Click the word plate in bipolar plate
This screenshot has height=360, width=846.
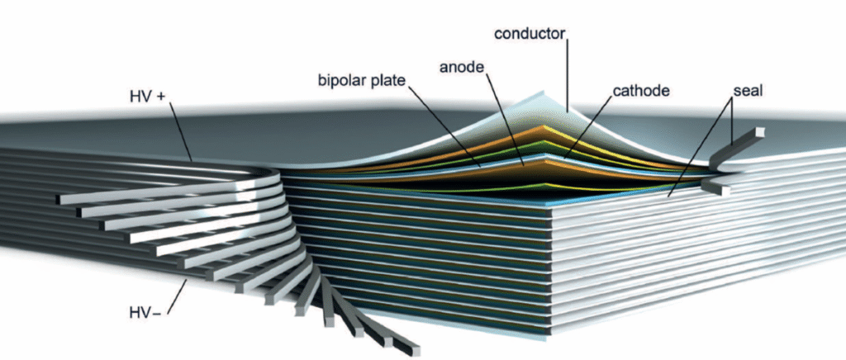click(x=392, y=81)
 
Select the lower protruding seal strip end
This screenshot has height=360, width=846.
click(x=717, y=189)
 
